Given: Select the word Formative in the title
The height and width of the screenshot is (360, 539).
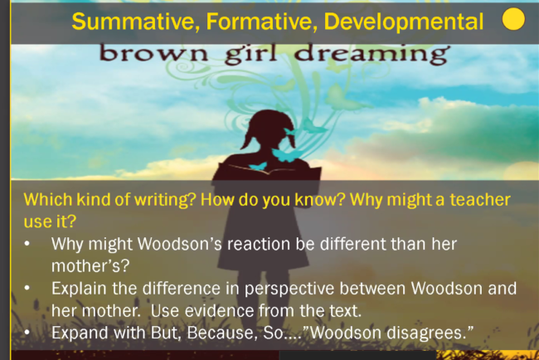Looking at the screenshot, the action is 261,22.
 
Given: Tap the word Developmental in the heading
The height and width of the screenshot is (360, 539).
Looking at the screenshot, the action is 404,22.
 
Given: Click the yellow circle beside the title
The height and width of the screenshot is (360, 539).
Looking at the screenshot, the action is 513,19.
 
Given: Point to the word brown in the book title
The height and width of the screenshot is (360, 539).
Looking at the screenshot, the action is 153,53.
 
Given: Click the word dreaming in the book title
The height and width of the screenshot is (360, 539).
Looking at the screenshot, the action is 372,54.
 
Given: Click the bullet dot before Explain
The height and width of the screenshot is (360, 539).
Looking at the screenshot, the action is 27,289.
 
